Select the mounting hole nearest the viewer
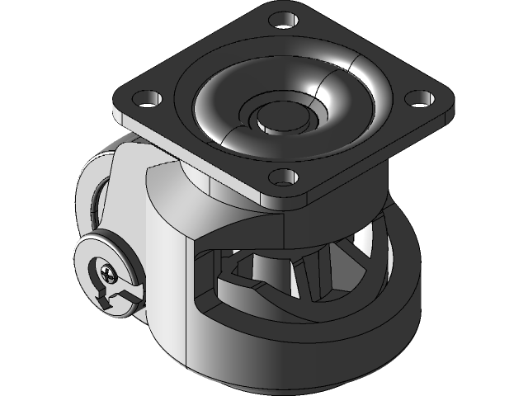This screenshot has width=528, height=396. (283, 176)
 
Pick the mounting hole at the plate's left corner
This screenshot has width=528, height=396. (146, 98)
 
